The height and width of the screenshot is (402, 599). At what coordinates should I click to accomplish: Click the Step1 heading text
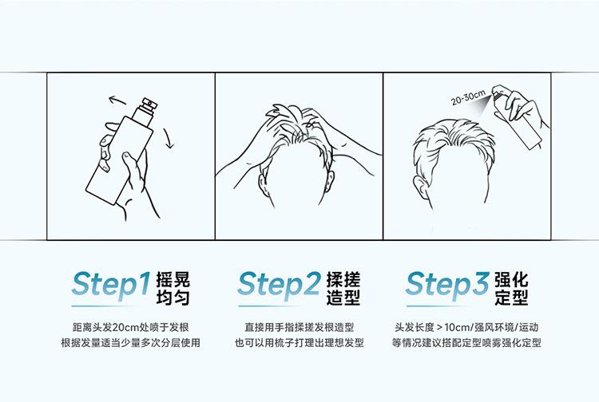click(111, 285)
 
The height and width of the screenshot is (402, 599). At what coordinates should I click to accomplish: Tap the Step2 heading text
click(279, 285)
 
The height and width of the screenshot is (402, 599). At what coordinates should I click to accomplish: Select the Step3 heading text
click(447, 285)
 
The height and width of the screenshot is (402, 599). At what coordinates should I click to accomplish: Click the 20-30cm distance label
click(468, 97)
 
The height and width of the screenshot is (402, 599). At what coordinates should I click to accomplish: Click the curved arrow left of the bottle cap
click(117, 101)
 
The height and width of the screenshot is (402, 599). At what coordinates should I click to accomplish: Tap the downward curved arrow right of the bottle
click(169, 138)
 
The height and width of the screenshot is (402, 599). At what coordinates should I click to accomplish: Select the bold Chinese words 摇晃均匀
click(173, 289)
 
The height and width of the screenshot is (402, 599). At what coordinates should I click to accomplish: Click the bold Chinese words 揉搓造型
click(343, 289)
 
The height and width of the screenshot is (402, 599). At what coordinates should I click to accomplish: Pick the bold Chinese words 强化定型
click(511, 289)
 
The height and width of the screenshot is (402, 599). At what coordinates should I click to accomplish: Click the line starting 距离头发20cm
click(131, 327)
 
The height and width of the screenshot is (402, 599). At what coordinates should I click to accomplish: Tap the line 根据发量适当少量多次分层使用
click(131, 342)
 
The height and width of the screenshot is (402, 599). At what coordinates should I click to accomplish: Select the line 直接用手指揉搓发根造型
click(299, 327)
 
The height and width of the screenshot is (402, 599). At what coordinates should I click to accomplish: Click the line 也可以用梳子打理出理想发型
click(299, 342)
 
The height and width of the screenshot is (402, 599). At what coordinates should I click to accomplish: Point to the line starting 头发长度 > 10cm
click(466, 327)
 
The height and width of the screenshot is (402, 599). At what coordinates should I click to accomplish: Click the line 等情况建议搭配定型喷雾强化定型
click(466, 342)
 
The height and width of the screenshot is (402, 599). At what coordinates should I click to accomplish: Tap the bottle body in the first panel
click(119, 160)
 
